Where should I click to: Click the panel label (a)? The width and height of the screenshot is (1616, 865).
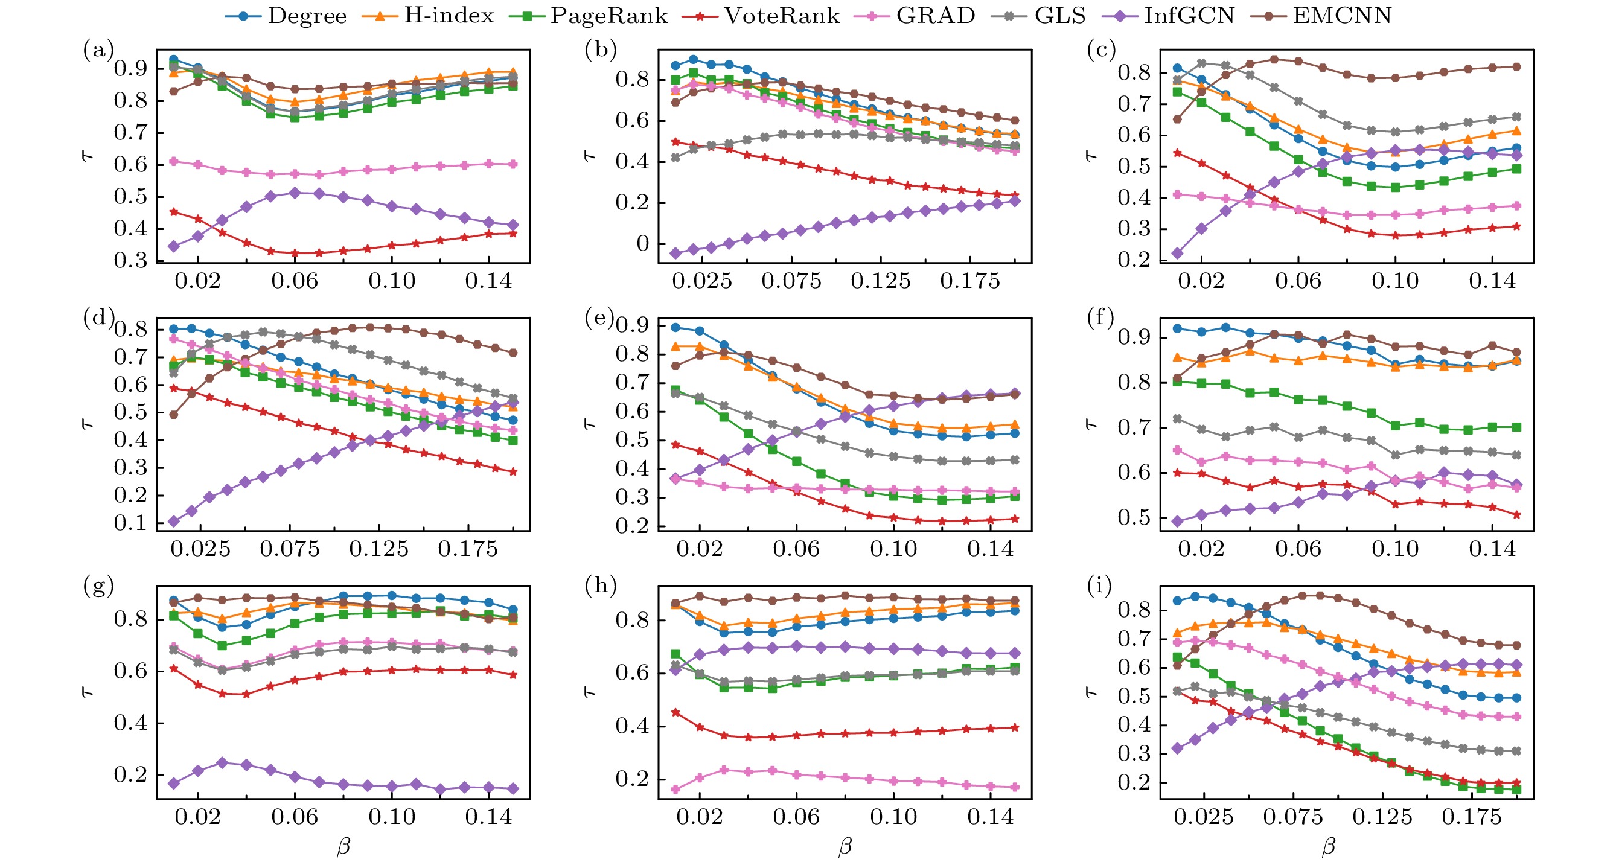pyautogui.click(x=98, y=49)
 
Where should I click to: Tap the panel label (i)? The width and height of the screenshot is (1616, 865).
pyautogui.click(x=1100, y=586)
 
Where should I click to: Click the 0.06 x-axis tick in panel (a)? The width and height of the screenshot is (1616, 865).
pyautogui.click(x=295, y=281)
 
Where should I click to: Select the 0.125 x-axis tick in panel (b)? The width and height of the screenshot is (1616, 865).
pyautogui.click(x=881, y=281)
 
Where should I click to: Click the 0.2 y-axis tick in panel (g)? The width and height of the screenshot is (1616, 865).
pyautogui.click(x=130, y=774)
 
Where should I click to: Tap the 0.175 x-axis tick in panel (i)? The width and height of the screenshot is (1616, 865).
pyautogui.click(x=1472, y=817)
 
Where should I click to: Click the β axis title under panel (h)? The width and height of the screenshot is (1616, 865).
pyautogui.click(x=845, y=846)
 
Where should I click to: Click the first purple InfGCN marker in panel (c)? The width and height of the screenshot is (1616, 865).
pyautogui.click(x=1178, y=254)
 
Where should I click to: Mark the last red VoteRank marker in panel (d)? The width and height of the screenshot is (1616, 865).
pyautogui.click(x=513, y=471)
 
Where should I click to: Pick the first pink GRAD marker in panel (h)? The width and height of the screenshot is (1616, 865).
pyautogui.click(x=675, y=789)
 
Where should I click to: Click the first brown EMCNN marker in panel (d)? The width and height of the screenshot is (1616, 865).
pyautogui.click(x=174, y=415)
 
